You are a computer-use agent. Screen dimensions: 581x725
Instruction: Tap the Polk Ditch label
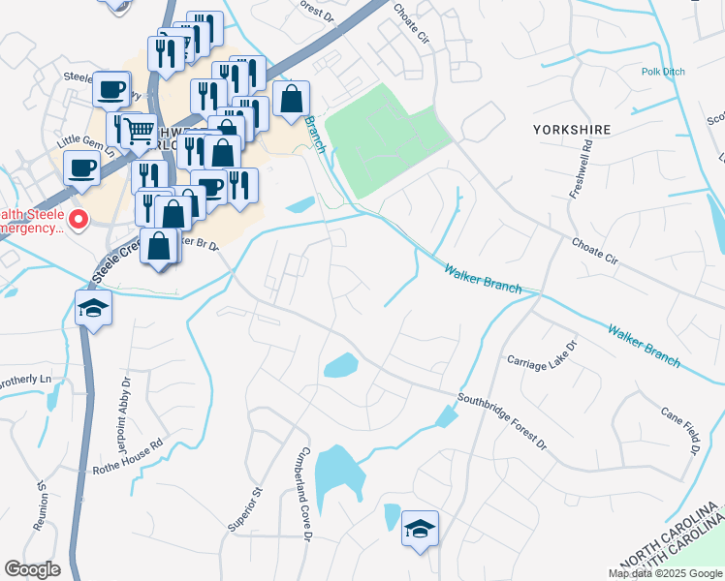pos(663,72)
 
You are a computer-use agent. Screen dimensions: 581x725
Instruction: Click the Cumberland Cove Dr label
pos(306,494)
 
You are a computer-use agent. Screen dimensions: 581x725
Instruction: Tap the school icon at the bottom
pos(420,529)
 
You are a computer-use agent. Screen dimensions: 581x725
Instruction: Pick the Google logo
pos(33,569)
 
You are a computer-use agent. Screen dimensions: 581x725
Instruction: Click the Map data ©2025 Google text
pos(665,573)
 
